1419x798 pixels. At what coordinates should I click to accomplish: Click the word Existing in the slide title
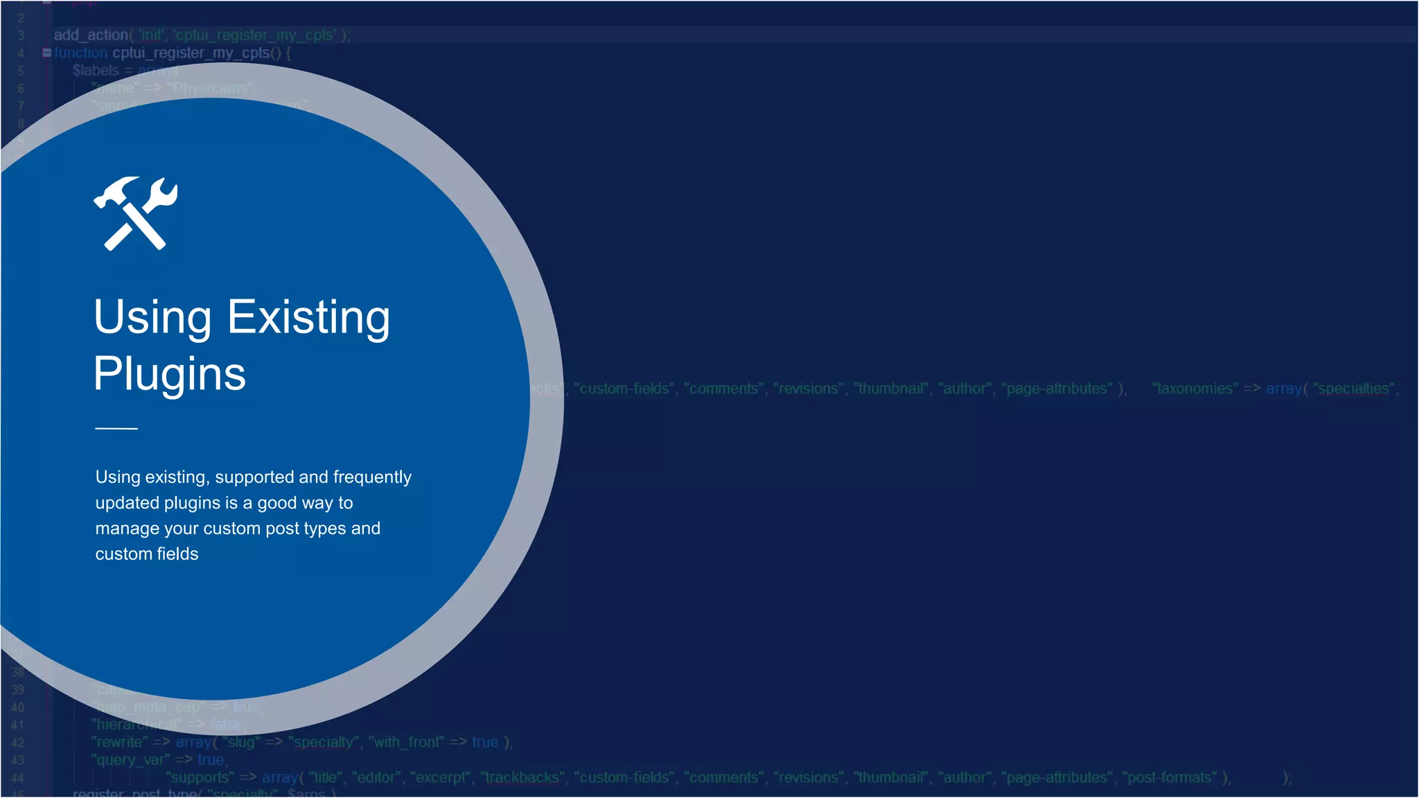coord(309,317)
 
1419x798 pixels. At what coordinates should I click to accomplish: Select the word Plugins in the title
coord(170,374)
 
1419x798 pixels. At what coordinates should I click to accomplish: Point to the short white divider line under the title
coord(116,429)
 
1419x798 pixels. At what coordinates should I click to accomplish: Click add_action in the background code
coord(91,35)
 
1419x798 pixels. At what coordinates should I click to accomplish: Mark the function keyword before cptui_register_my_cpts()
coord(81,53)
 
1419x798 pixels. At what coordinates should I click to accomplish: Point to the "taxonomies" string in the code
coord(1195,389)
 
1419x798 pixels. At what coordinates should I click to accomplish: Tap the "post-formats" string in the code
coord(1169,778)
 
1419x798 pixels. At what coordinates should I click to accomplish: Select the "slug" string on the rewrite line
coord(241,743)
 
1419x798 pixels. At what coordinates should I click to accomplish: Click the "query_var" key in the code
coord(130,760)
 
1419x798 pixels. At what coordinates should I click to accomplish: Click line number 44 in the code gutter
coord(17,778)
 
